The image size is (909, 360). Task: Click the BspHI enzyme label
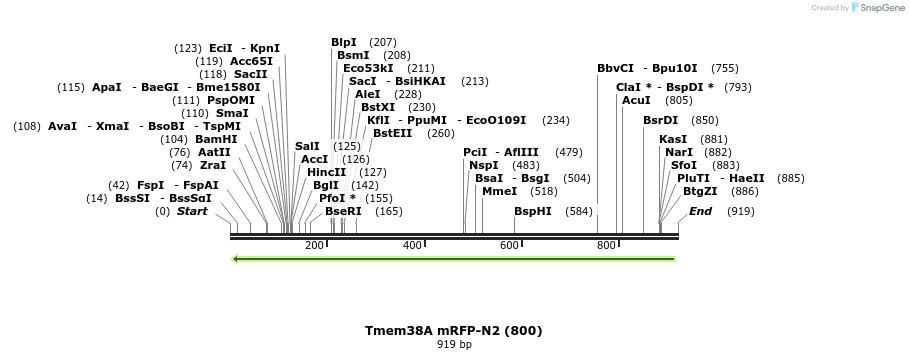tap(533, 211)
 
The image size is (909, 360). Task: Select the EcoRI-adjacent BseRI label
tap(343, 211)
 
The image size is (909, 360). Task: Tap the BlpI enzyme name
tap(344, 42)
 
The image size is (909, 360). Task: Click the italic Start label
tap(192, 211)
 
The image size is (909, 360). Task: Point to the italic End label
tap(700, 211)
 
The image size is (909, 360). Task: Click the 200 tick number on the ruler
tap(314, 246)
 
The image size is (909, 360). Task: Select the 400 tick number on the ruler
tap(412, 246)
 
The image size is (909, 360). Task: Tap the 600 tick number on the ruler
tap(509, 246)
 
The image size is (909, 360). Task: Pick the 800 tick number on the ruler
tap(606, 246)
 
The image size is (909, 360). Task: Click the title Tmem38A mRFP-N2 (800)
tap(454, 330)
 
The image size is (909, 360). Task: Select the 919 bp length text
tap(454, 345)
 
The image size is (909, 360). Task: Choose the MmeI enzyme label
tap(499, 191)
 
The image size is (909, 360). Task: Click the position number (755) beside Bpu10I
tap(725, 68)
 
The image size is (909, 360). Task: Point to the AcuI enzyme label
tap(636, 100)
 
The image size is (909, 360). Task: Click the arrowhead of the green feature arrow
tap(236, 259)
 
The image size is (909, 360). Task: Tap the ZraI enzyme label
tap(213, 165)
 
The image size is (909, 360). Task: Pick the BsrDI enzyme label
tap(660, 120)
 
